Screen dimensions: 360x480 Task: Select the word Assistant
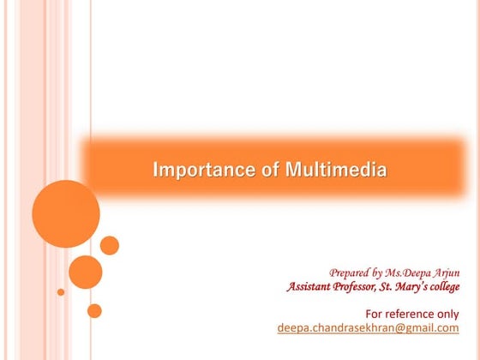click(310, 285)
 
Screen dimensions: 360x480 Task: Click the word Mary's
click(416, 285)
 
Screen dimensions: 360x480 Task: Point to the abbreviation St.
click(393, 285)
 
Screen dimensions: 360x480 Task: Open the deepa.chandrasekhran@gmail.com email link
click(368, 327)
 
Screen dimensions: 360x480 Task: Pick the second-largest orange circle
click(86, 272)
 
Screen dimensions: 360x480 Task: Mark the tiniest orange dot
click(61, 291)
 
